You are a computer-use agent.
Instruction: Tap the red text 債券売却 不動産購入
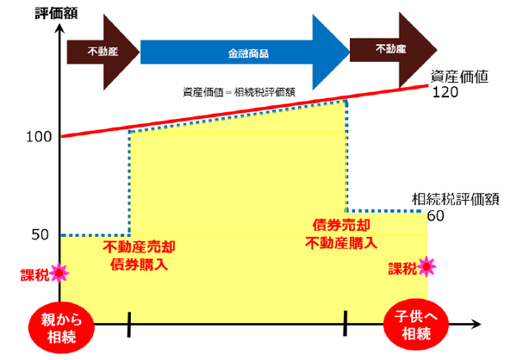click(x=342, y=233)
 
